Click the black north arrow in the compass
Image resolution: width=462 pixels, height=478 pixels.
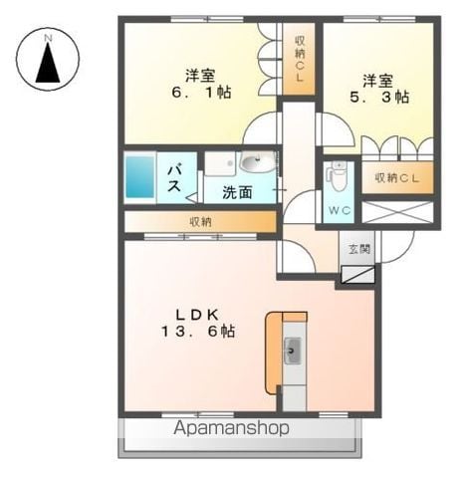(x=48, y=63)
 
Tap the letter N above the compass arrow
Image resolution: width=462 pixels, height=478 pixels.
(x=49, y=38)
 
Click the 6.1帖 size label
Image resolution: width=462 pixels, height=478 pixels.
(x=201, y=93)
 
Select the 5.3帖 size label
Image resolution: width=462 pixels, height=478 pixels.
(x=378, y=97)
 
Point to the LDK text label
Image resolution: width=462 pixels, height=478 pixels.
(x=197, y=315)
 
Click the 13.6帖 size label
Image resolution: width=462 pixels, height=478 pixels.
(x=198, y=332)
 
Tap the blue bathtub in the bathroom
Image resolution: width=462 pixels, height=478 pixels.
(x=139, y=177)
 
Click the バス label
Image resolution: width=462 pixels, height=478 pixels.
(x=174, y=179)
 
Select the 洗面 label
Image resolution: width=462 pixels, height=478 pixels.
(x=237, y=192)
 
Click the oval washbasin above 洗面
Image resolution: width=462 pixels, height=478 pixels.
(x=258, y=162)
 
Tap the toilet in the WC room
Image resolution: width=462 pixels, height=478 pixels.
(x=338, y=175)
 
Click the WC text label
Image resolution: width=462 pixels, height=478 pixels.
(x=340, y=210)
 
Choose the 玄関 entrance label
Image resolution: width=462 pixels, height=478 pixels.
(x=359, y=249)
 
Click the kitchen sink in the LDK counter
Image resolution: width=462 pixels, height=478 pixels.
(x=292, y=351)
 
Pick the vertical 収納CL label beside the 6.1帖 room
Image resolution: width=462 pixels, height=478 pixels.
(x=299, y=59)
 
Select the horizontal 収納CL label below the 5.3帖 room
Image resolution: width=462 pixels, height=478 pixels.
(x=397, y=178)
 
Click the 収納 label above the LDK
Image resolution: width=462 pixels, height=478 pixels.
(x=200, y=222)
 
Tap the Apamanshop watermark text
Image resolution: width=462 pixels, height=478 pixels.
(x=232, y=428)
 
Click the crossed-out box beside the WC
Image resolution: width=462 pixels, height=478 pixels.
(x=397, y=212)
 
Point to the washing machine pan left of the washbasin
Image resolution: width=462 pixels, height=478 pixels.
(x=220, y=163)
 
